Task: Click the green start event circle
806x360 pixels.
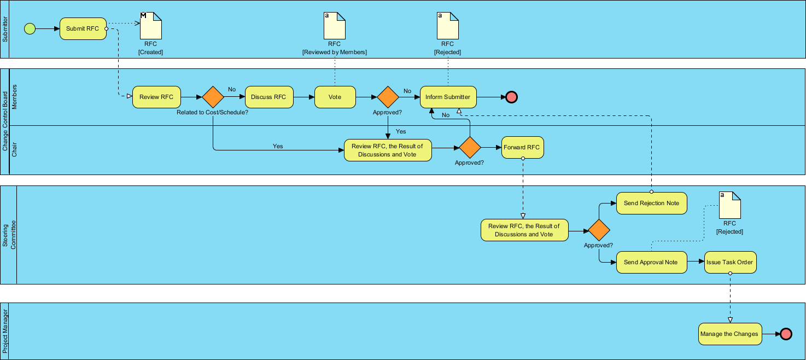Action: (x=30, y=28)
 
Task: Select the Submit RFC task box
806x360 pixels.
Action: (x=83, y=28)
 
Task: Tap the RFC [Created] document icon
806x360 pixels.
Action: (x=151, y=26)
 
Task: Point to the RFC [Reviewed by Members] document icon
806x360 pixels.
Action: (x=334, y=26)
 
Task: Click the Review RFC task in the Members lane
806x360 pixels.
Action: (x=156, y=97)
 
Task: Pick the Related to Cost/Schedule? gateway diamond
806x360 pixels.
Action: (x=213, y=97)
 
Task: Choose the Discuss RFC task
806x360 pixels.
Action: (x=268, y=97)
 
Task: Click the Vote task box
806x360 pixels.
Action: (x=335, y=97)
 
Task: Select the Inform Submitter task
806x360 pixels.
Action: (x=448, y=97)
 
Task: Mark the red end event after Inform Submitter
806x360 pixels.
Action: (x=511, y=97)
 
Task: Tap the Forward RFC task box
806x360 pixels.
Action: (x=522, y=148)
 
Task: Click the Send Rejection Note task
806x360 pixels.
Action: (x=651, y=204)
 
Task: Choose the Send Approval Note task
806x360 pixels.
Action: (x=651, y=263)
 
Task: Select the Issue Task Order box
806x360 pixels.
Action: (x=730, y=263)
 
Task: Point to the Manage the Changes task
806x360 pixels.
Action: (x=730, y=334)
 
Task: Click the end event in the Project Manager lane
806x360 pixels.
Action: (x=786, y=334)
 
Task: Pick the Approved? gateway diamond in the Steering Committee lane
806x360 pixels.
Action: (x=598, y=230)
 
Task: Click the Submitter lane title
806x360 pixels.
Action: (x=5, y=30)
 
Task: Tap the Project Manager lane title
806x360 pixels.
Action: (x=5, y=331)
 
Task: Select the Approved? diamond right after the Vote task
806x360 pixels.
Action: (x=388, y=97)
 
